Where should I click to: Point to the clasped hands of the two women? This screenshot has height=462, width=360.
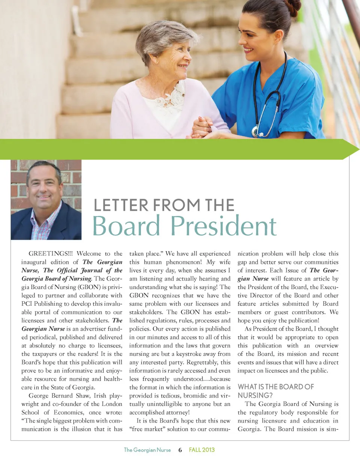[x=202, y=128]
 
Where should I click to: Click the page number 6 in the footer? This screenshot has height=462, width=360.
[x=180, y=450]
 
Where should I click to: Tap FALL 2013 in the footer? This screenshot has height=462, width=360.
[x=202, y=450]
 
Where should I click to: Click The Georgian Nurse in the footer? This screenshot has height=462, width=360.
[x=147, y=450]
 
